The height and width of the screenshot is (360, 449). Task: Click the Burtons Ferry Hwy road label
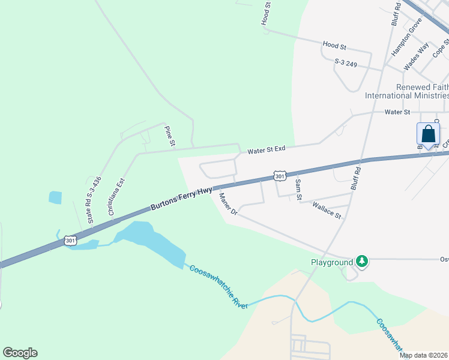(x=181, y=199)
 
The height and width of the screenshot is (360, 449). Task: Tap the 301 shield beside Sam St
(x=280, y=176)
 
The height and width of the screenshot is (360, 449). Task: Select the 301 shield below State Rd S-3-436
(x=70, y=240)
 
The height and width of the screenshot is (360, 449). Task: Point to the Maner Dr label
(x=229, y=205)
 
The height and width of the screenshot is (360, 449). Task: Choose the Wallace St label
(x=327, y=210)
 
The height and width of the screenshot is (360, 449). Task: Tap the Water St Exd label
(x=267, y=150)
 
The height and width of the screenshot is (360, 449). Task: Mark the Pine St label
(x=170, y=136)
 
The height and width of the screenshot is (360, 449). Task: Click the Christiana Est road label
(x=116, y=196)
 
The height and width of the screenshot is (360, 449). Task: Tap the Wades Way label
(x=416, y=56)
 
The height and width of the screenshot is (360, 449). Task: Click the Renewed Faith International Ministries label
(x=407, y=91)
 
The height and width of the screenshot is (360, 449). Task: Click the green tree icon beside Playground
(x=361, y=261)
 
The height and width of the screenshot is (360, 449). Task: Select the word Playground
(x=331, y=262)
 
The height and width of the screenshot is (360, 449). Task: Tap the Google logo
(x=20, y=353)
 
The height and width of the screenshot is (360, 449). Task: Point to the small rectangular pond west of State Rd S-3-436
(x=55, y=197)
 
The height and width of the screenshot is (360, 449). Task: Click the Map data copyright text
(x=424, y=355)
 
